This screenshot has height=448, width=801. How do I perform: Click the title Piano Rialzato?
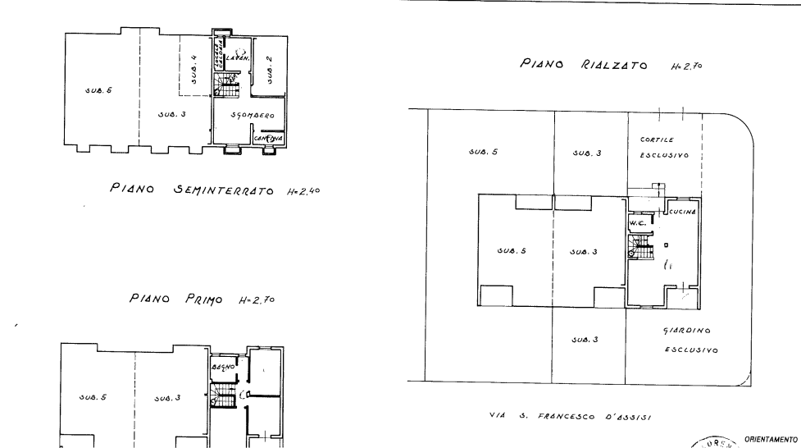pyautogui.click(x=583, y=65)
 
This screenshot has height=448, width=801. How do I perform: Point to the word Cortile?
pyautogui.click(x=658, y=140)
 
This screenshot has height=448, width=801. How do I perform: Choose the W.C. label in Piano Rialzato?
pyautogui.click(x=636, y=222)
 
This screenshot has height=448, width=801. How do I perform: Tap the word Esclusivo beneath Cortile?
pyautogui.click(x=663, y=154)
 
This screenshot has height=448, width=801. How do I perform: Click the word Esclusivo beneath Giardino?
pyautogui.click(x=691, y=350)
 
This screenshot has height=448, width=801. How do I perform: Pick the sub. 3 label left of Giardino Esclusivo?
pyautogui.click(x=585, y=339)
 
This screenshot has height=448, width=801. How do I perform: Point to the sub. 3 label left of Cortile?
pyautogui.click(x=587, y=153)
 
